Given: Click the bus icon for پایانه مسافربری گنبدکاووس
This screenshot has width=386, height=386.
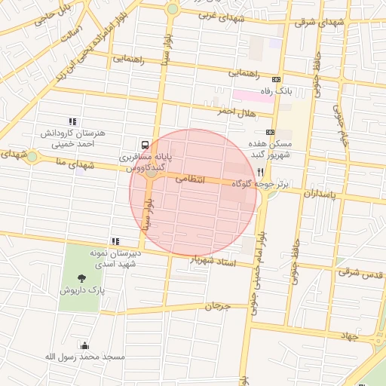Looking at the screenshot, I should pyautogui.click(x=143, y=144).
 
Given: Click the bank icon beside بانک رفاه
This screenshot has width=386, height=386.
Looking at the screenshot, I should pyautogui.click(x=277, y=79).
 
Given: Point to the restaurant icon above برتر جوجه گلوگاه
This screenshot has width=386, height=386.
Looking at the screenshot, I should pyautogui.click(x=260, y=173).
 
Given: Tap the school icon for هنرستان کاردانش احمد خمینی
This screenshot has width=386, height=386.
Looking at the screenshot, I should pyautogui.click(x=73, y=121).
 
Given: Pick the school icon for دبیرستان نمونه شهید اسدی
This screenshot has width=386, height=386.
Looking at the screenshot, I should pyautogui.click(x=115, y=242).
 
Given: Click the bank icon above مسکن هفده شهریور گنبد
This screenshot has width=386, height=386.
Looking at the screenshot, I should pyautogui.click(x=270, y=131).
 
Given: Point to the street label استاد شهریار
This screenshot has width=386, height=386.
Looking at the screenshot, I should pyautogui.click(x=214, y=262).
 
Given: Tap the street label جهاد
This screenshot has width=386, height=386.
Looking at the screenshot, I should pyautogui.click(x=346, y=334).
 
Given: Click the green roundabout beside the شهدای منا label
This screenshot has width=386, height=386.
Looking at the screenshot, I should pyautogui.click(x=32, y=157).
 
